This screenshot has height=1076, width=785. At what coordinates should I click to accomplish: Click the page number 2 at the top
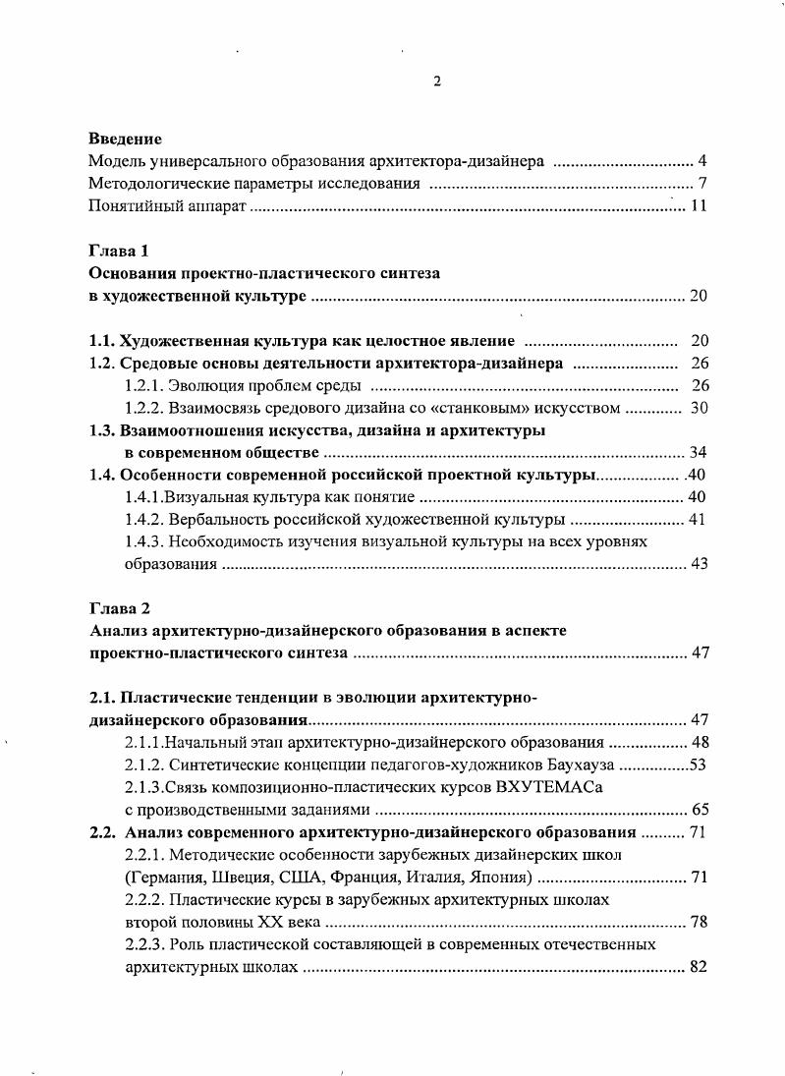[x=437, y=82]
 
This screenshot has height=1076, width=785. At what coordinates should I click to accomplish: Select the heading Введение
[x=125, y=140]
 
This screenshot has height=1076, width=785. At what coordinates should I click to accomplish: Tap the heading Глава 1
[x=118, y=251]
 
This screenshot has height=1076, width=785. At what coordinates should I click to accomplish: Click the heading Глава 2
[x=118, y=608]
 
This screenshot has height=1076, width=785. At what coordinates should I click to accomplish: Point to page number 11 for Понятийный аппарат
[x=698, y=206]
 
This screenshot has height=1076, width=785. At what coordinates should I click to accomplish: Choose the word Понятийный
[x=131, y=206]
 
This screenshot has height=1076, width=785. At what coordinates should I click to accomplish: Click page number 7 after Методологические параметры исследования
[x=702, y=184]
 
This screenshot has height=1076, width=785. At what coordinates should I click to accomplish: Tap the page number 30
[x=699, y=407]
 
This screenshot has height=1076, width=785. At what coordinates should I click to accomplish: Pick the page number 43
[x=699, y=564]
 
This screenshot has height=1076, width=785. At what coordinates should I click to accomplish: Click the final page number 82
[x=699, y=967]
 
